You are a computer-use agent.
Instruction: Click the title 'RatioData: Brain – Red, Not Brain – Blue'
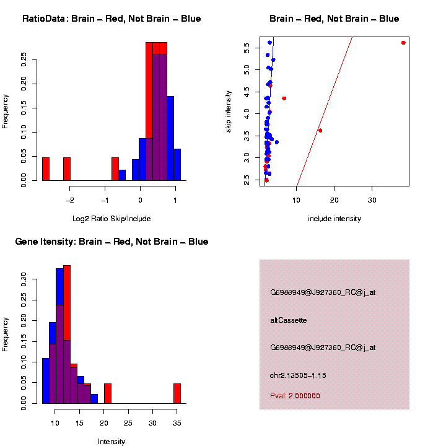coord(111,19)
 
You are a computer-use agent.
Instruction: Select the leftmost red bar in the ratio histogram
coord(46,168)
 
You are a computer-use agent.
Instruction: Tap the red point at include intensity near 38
coord(403,43)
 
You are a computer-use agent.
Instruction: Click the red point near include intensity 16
coord(320,130)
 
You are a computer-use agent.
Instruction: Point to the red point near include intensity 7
coord(284,98)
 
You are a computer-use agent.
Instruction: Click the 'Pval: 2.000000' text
coord(295,395)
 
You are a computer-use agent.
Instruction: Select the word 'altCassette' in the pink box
coord(289,320)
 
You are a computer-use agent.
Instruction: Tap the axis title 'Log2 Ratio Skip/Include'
coord(111,219)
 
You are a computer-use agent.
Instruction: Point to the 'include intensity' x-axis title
coord(334,219)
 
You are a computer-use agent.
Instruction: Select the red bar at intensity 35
coord(177,393)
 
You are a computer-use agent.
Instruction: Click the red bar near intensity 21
coord(108,393)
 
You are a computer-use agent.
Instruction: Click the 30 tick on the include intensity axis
coord(372,199)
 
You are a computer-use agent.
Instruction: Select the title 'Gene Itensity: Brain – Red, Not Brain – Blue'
coord(111,242)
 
